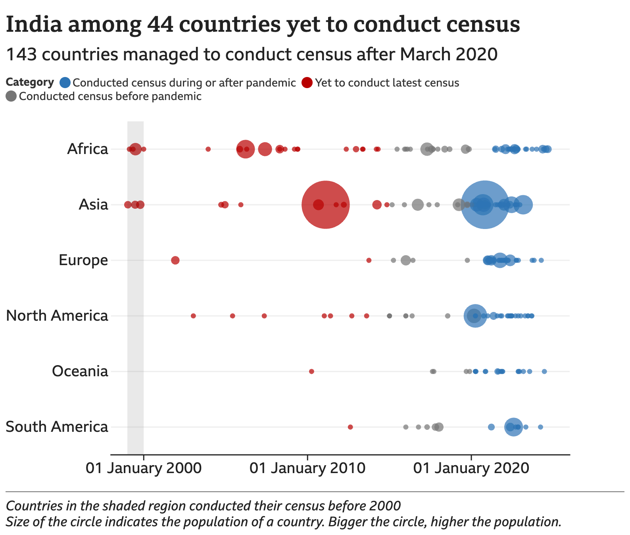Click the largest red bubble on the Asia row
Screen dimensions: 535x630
coord(325,205)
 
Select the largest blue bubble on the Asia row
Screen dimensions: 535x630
coord(484,205)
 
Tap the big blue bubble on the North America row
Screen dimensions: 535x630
coord(475,316)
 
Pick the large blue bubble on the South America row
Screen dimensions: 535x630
coord(513,427)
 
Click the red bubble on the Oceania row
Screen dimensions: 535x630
coord(311,371)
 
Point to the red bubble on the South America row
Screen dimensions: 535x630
coord(350,427)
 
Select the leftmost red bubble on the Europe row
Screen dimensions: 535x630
coord(175,260)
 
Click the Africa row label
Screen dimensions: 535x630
coord(87,149)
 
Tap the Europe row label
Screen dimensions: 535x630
coord(83,260)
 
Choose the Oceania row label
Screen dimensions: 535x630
coord(80,371)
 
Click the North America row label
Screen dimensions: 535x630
coord(57,316)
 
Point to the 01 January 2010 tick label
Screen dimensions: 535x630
coord(307,468)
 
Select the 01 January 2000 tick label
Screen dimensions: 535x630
coord(144,468)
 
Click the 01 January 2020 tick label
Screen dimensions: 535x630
coord(471,468)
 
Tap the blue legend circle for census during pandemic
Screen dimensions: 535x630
coord(65,83)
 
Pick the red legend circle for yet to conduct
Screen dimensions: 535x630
coord(307,83)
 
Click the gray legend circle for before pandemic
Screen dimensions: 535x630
coord(11,96)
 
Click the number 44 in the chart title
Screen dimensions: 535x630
coord(160,25)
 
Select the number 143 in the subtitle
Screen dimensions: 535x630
coord(21,55)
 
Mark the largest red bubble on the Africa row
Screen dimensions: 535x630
coord(245,149)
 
